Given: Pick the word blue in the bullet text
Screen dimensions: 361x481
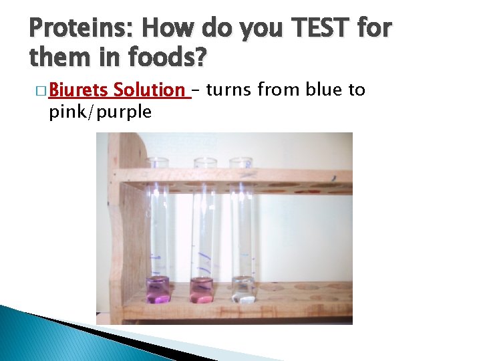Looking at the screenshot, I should tap(325, 90).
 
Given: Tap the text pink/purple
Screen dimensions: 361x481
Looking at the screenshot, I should tap(100, 111).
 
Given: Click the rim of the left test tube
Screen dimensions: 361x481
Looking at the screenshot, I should tap(158, 160).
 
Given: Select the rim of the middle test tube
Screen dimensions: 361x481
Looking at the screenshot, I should tap(204, 160).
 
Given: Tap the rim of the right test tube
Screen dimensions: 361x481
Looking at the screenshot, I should tap(241, 160).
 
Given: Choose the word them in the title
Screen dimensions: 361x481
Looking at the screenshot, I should tap(56, 58).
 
